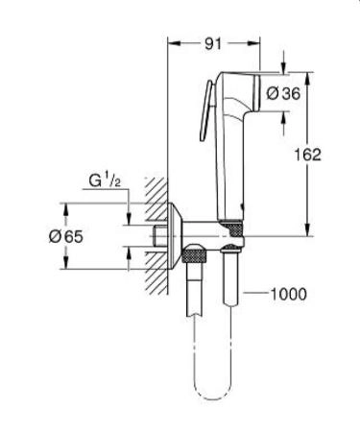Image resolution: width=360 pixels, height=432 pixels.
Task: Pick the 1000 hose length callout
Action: point(287,295)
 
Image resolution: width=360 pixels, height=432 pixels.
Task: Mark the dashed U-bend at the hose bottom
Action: point(211,394)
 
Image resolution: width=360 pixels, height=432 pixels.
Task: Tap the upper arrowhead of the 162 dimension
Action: point(306,77)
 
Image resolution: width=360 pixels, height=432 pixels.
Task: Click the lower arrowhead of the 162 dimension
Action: point(306,230)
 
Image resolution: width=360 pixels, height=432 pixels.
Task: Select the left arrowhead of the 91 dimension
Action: point(173,42)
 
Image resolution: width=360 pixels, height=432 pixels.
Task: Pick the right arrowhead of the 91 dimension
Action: point(256,42)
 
